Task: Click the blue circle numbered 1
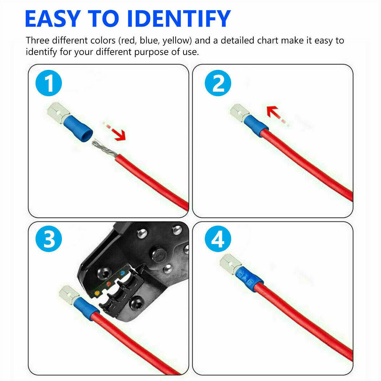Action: pyautogui.click(x=49, y=84)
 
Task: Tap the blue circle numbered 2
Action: pyautogui.click(x=218, y=84)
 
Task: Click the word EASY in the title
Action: pyautogui.click(x=52, y=19)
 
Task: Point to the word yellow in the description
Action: pyautogui.click(x=177, y=41)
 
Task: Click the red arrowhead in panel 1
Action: pyautogui.click(x=120, y=136)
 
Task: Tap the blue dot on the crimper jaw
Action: pyautogui.click(x=122, y=272)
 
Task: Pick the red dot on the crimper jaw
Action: pyautogui.click(x=109, y=282)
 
